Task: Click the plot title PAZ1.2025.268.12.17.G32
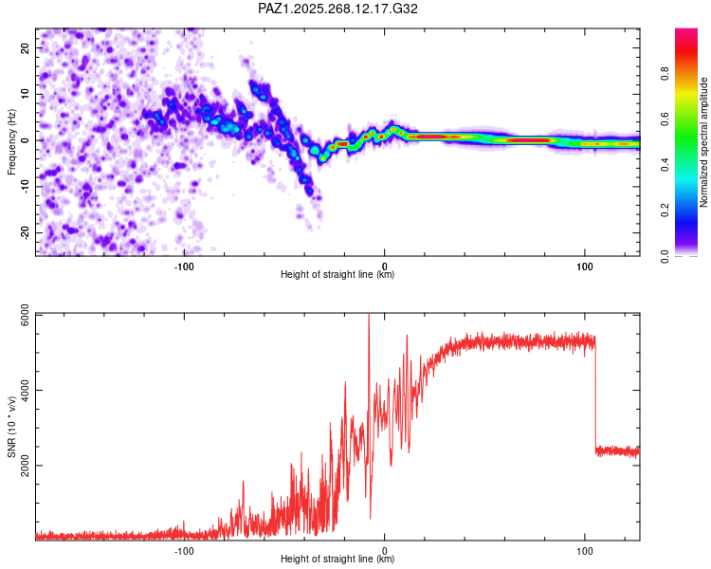point(338,9)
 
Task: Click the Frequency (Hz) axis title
point(11,142)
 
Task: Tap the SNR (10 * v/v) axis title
point(11,427)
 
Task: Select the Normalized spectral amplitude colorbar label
point(704,142)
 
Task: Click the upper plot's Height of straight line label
point(337,275)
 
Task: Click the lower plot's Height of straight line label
point(337,560)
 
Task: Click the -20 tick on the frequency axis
point(25,233)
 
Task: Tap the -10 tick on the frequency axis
point(25,187)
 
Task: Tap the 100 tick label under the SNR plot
point(585,551)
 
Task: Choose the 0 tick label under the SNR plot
point(385,551)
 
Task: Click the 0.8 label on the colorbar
point(666,74)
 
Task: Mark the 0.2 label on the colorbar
point(666,211)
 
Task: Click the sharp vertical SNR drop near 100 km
point(595,398)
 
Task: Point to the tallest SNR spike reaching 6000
point(369,319)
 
